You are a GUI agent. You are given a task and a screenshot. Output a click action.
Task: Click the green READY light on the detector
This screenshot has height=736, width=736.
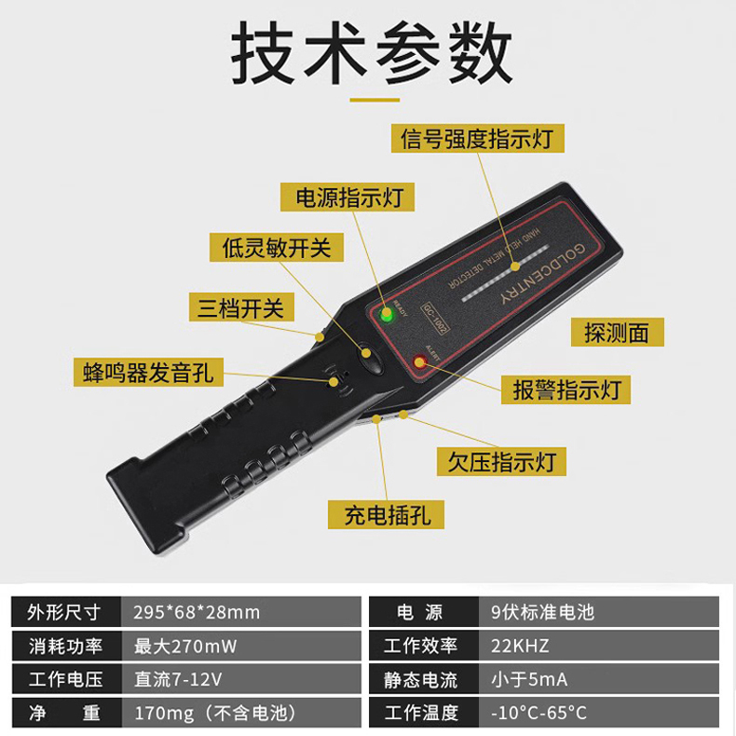tap(387, 314)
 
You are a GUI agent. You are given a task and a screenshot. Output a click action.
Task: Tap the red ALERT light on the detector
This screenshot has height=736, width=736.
tap(418, 361)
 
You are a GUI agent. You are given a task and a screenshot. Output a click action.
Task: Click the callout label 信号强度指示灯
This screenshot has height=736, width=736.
tap(477, 138)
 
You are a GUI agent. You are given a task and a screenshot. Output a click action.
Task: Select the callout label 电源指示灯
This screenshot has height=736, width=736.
tap(348, 197)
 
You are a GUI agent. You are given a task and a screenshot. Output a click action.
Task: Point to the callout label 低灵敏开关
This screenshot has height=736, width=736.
tap(277, 248)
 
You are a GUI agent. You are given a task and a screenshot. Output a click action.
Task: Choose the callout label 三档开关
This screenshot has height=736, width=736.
tap(241, 307)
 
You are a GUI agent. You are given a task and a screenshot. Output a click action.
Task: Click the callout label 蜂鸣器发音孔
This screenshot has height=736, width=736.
tap(148, 373)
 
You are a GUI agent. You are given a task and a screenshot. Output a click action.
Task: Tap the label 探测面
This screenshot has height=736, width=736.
tap(618, 333)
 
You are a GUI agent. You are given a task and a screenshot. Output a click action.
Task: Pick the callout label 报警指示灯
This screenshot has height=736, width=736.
tap(566, 389)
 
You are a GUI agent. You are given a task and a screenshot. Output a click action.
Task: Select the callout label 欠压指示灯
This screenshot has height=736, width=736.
tap(501, 461)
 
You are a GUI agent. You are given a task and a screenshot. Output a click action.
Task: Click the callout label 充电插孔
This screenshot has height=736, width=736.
tap(386, 515)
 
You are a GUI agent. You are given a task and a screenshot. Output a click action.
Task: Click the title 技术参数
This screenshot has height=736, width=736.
tap(372, 52)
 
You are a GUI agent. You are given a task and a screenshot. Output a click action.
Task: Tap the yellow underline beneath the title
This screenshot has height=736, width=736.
tap(375, 100)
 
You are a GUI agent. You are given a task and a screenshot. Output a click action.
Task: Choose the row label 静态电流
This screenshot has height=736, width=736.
tap(420, 680)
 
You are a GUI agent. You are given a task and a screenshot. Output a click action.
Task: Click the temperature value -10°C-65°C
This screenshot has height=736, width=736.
tap(538, 713)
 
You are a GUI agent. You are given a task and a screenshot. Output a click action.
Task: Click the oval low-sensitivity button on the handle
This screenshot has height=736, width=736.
tap(371, 359)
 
